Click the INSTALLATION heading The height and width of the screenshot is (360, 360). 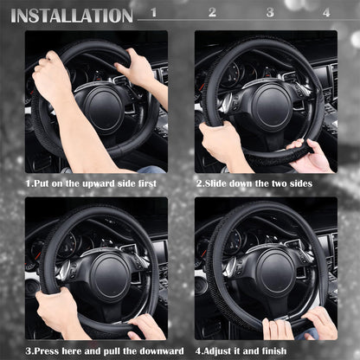coord(71,15)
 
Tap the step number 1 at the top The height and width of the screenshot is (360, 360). coord(153,13)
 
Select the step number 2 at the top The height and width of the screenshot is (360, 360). coord(212,13)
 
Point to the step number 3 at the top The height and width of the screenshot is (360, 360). coord(269,13)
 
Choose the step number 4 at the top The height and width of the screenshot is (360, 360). coord(326,13)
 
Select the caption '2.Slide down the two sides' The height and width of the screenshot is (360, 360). coord(254,183)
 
